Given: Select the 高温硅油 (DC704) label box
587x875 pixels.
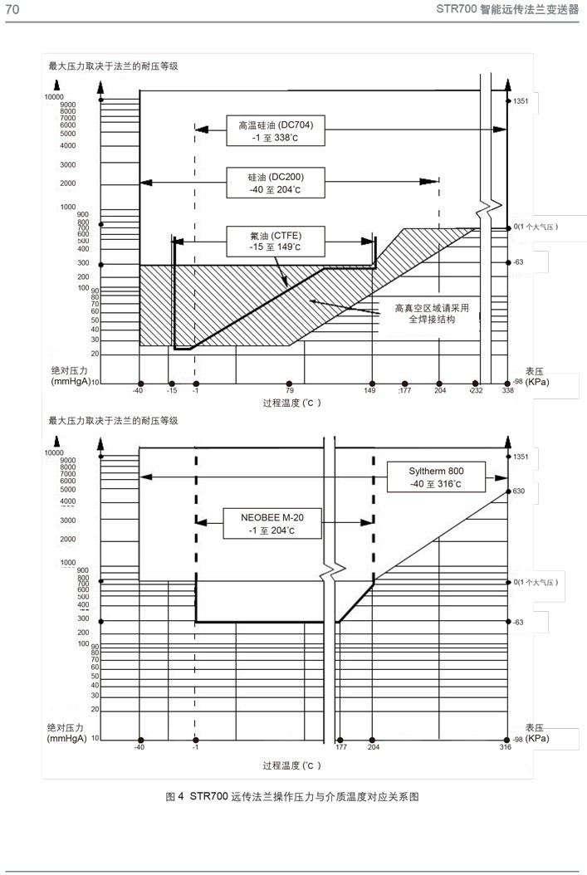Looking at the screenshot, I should [x=276, y=130].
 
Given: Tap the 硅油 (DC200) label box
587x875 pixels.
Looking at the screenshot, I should [x=276, y=183].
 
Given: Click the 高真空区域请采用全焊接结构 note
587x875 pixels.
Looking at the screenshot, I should [x=432, y=313].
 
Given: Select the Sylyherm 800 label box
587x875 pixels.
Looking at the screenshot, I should [x=437, y=477].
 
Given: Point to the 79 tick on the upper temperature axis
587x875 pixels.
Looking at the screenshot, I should [x=289, y=390].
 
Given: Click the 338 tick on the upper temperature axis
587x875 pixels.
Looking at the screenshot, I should [x=507, y=390].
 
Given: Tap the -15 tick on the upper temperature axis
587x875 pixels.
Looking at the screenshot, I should [x=172, y=390].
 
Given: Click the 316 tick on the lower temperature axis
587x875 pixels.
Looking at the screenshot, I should [x=506, y=747].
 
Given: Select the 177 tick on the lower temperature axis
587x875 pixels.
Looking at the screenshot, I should [x=341, y=747].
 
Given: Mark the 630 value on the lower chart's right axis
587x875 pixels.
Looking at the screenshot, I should [x=521, y=491].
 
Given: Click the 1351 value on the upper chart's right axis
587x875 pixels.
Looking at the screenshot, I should [x=521, y=101].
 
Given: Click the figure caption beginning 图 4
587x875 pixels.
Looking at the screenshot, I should [x=293, y=797].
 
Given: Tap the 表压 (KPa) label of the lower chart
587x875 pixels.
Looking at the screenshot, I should [x=536, y=732].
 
